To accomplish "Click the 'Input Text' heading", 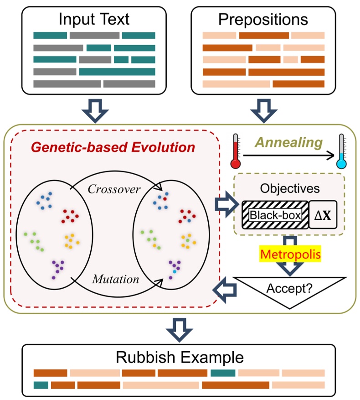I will [94, 20].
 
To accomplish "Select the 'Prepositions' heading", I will [263, 20].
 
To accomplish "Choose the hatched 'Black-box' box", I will [275, 214].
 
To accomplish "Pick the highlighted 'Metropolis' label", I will [290, 254].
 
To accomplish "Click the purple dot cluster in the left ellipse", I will [57, 268].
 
